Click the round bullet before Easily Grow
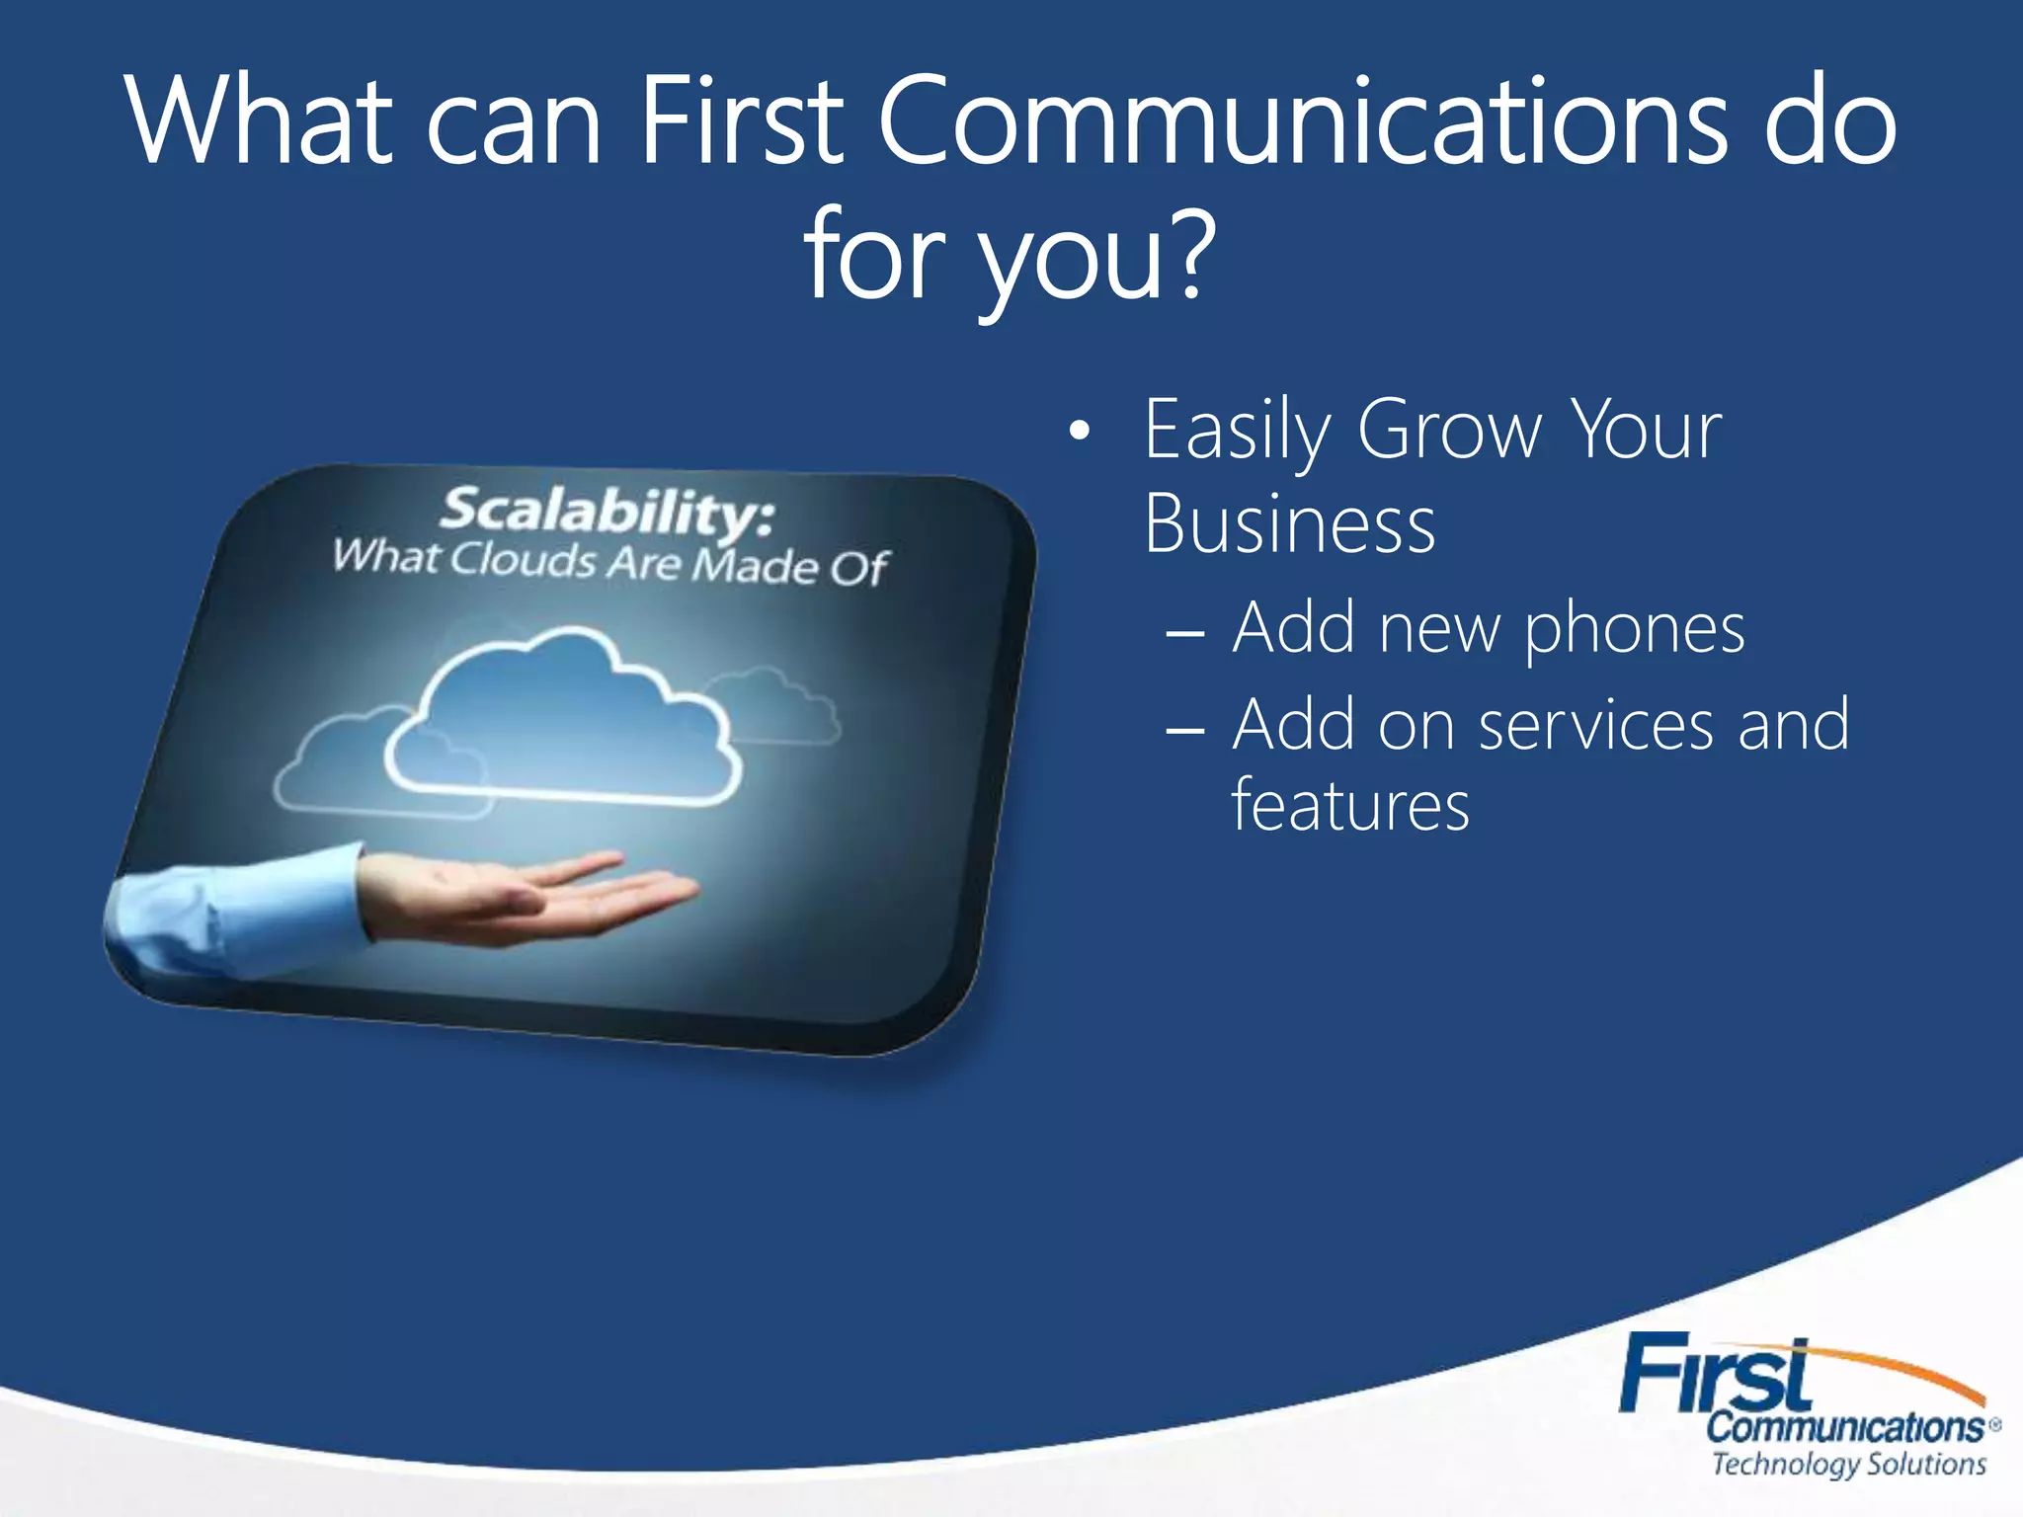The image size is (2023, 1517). pyautogui.click(x=1081, y=432)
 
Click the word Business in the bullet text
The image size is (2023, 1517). pyautogui.click(x=1289, y=524)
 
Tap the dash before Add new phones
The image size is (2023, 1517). pyautogui.click(x=1184, y=633)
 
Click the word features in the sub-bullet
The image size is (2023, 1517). pyautogui.click(x=1350, y=805)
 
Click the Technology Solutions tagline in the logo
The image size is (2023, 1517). pyautogui.click(x=1848, y=1463)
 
